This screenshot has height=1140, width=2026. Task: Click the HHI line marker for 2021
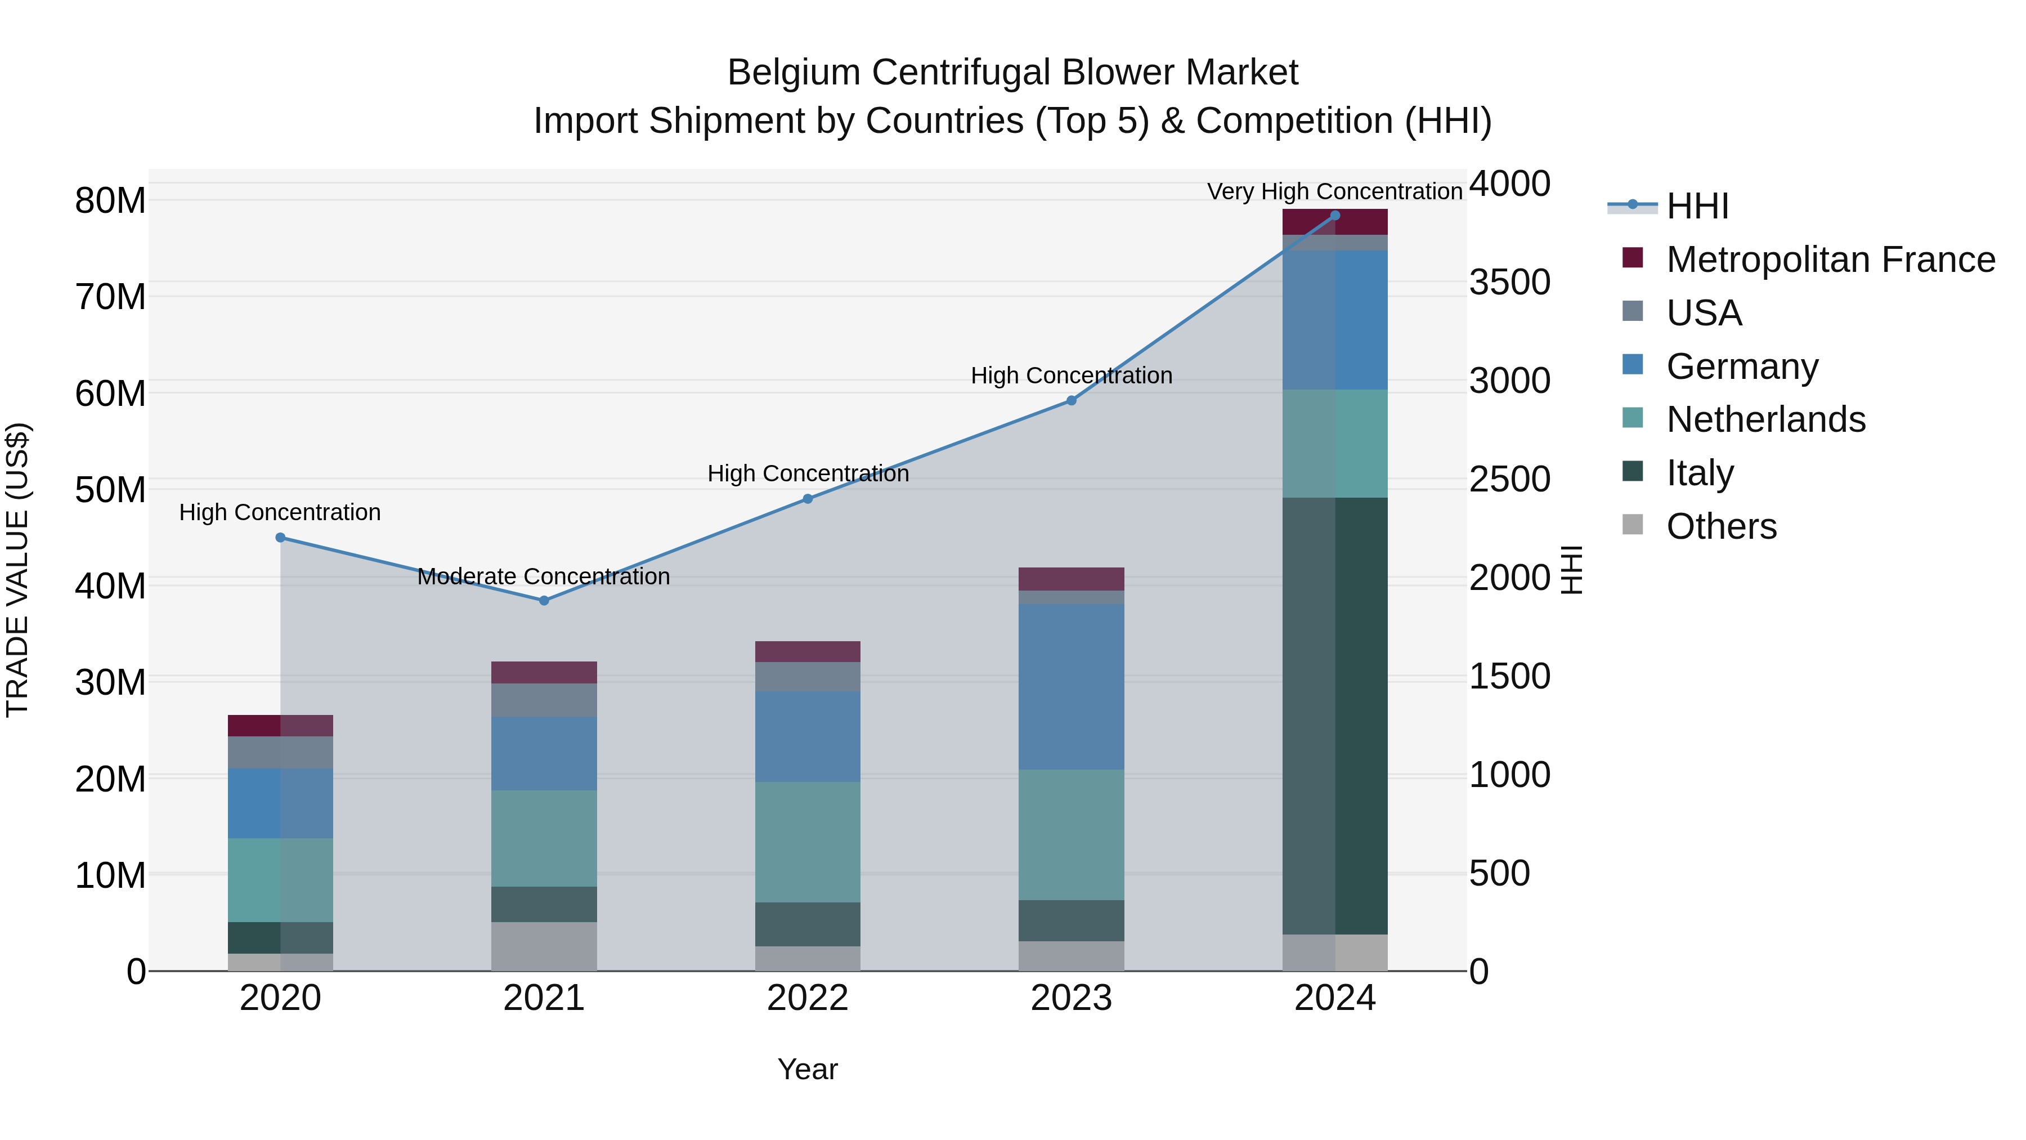(544, 600)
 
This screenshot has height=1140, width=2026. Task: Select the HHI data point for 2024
(1335, 216)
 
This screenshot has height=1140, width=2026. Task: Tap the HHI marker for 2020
(280, 538)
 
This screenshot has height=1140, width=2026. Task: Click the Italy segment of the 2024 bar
(1335, 716)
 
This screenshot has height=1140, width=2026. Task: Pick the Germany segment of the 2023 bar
(1071, 687)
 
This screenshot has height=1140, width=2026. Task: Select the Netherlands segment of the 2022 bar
(808, 842)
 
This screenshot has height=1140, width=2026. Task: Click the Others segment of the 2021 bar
(544, 946)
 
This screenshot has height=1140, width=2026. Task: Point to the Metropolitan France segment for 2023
(1071, 579)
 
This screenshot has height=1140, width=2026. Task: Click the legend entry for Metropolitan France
(1830, 260)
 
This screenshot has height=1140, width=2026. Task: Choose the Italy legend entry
(1700, 473)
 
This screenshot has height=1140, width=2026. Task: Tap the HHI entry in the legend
(1696, 206)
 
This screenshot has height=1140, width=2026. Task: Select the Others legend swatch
(1633, 525)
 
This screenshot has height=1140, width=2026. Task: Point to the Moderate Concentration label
(544, 576)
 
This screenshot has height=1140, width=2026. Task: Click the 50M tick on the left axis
(110, 489)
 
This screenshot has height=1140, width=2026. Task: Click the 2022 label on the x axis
(808, 998)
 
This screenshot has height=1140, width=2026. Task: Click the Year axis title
(808, 1069)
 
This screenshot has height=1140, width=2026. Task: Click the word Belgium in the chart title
(794, 73)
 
